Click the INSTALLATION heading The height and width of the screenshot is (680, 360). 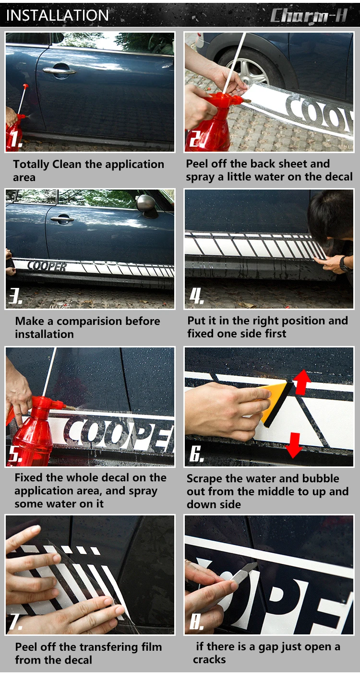pyautogui.click(x=58, y=15)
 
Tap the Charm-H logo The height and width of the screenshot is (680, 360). pyautogui.click(x=309, y=16)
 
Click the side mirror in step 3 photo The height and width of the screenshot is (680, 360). pyautogui.click(x=147, y=206)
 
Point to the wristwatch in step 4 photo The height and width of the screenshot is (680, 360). pyautogui.click(x=344, y=264)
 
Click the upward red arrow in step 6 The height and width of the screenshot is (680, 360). pyautogui.click(x=302, y=382)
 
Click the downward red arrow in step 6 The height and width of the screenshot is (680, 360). pyautogui.click(x=294, y=445)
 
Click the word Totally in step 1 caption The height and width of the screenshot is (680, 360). pyautogui.click(x=31, y=165)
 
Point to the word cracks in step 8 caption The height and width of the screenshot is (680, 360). pyautogui.click(x=209, y=660)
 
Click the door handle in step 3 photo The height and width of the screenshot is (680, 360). pyautogui.click(x=62, y=218)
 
